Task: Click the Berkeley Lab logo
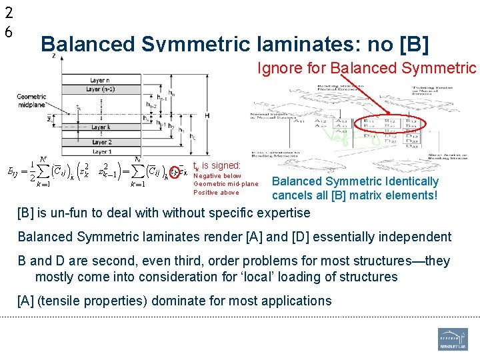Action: click(x=453, y=339)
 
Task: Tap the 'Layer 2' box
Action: click(x=101, y=142)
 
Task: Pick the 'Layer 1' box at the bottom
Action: click(x=101, y=151)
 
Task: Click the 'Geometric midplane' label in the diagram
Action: click(x=32, y=100)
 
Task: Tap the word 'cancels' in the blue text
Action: click(x=291, y=195)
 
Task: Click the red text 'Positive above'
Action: click(x=215, y=193)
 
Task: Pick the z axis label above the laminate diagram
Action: click(x=53, y=56)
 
